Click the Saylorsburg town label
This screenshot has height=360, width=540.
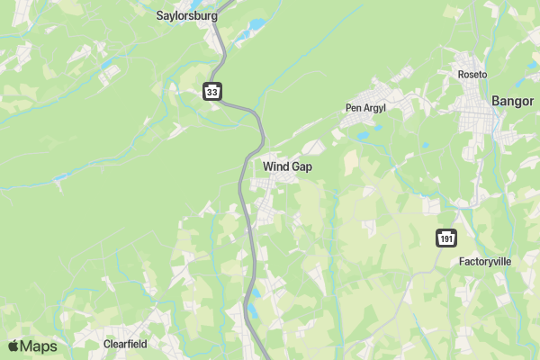pyautogui.click(x=188, y=15)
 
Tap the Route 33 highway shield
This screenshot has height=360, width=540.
pyautogui.click(x=211, y=92)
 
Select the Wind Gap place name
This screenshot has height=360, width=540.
pyautogui.click(x=288, y=166)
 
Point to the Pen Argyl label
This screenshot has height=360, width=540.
pyautogui.click(x=365, y=108)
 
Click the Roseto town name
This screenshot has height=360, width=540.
pyautogui.click(x=472, y=74)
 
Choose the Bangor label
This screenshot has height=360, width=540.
pyautogui.click(x=513, y=102)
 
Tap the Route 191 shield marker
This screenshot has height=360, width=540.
pyautogui.click(x=447, y=238)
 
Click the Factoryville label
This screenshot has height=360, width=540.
pyautogui.click(x=485, y=262)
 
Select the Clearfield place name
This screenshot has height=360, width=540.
pyautogui.click(x=125, y=344)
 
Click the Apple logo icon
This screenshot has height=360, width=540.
pyautogui.click(x=13, y=346)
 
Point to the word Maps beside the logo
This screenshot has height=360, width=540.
pyautogui.click(x=39, y=346)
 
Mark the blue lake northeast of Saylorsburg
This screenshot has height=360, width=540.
pyautogui.click(x=257, y=24)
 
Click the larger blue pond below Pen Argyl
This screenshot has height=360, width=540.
pyautogui.click(x=363, y=137)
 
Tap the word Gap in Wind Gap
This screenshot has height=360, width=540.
pyautogui.click(x=301, y=166)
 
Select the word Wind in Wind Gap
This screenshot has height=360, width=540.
pyautogui.click(x=275, y=166)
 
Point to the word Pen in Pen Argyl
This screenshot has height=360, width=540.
pyautogui.click(x=353, y=108)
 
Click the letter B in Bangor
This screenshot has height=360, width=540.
pyautogui.click(x=496, y=102)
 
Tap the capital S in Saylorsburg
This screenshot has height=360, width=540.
pyautogui.click(x=160, y=15)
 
